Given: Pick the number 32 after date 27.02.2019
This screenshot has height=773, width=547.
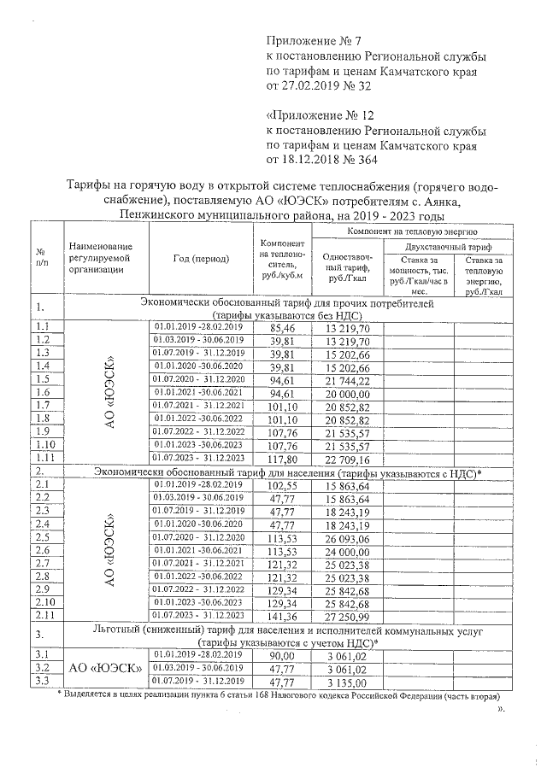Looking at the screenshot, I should (364, 85).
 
